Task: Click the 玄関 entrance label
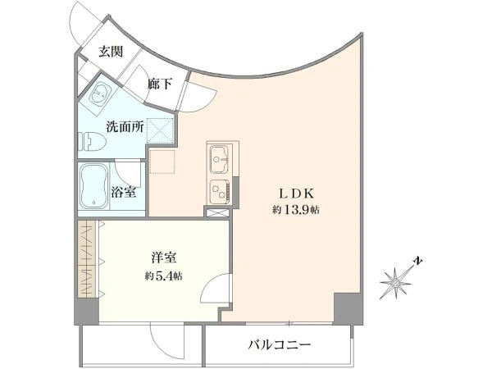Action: point(111,52)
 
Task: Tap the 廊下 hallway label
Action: point(160,84)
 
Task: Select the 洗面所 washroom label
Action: point(125,126)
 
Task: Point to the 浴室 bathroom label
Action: point(124,192)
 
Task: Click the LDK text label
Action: point(297,194)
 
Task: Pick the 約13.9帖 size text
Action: point(296,210)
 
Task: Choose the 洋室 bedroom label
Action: point(164,258)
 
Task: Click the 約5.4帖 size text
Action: point(164,276)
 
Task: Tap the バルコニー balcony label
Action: point(280,345)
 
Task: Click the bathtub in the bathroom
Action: point(93,187)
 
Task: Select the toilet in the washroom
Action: point(93,141)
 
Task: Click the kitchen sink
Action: point(219,159)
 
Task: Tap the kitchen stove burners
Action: point(219,191)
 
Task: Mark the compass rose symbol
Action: point(396,284)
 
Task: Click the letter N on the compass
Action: point(417,261)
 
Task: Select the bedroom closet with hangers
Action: point(87,259)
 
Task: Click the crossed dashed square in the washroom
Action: point(161,130)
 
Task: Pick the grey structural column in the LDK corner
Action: point(348,308)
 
